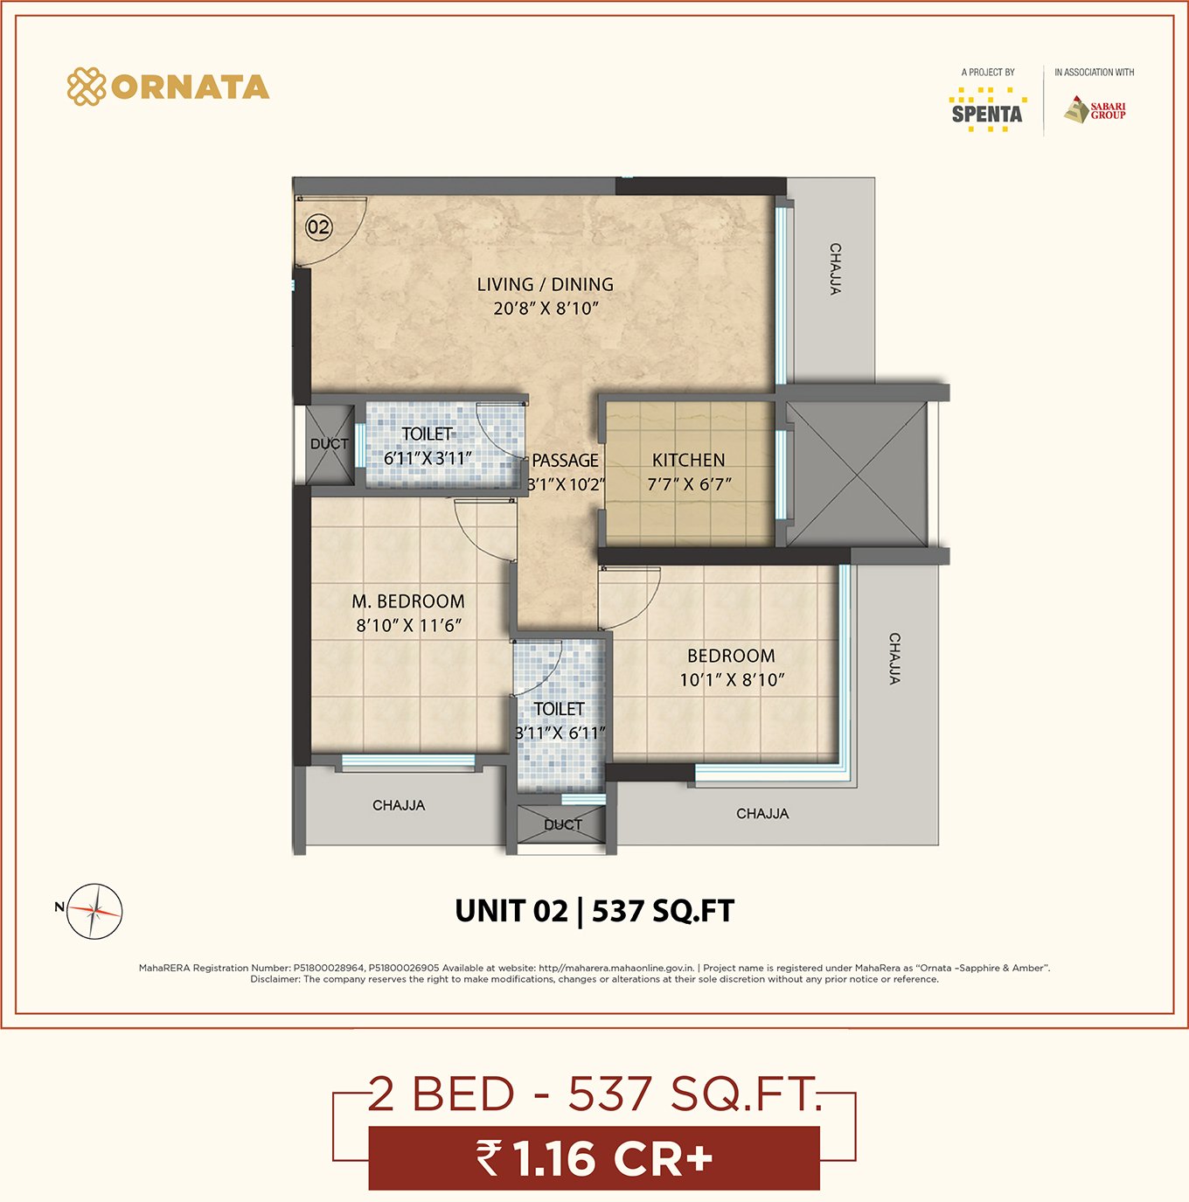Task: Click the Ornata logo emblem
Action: click(x=87, y=87)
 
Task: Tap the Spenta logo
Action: click(x=987, y=110)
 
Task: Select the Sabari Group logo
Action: click(x=1095, y=110)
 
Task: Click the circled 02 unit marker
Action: click(x=318, y=226)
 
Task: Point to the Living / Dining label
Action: click(x=546, y=284)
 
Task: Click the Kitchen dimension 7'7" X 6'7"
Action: click(x=689, y=484)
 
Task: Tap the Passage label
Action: click(x=565, y=461)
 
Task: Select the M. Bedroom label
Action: click(x=408, y=601)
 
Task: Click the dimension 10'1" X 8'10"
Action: click(x=731, y=679)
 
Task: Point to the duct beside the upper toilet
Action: click(x=330, y=444)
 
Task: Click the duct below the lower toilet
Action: click(x=562, y=824)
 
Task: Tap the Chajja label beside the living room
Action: click(x=835, y=269)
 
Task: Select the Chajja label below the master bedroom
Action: click(x=399, y=805)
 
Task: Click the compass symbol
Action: click(x=94, y=911)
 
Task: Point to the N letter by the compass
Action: click(x=59, y=907)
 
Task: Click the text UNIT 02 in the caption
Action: click(x=511, y=911)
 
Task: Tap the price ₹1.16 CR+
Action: click(x=594, y=1158)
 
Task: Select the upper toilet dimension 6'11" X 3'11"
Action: click(x=428, y=458)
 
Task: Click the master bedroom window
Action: click(x=408, y=761)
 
